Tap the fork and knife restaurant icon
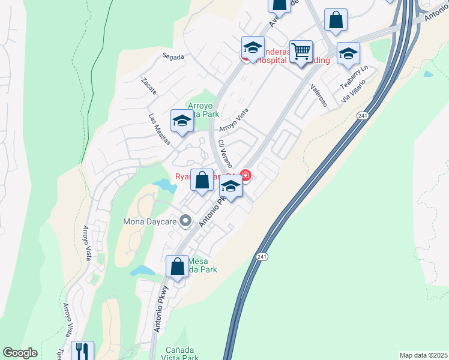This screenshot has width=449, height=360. pos(82,350)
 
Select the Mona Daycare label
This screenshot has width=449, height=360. pos(150,221)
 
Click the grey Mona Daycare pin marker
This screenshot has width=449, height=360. pos(186,221)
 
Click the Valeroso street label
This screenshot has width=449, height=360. pos(319,95)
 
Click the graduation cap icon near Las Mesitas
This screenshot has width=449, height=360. pos(182,121)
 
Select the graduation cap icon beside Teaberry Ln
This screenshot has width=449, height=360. pos(348,53)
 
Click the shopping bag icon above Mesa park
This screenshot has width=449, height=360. pos(178,266)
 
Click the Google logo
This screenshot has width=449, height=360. pos(20,353)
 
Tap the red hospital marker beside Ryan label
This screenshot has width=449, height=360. pos(245,175)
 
